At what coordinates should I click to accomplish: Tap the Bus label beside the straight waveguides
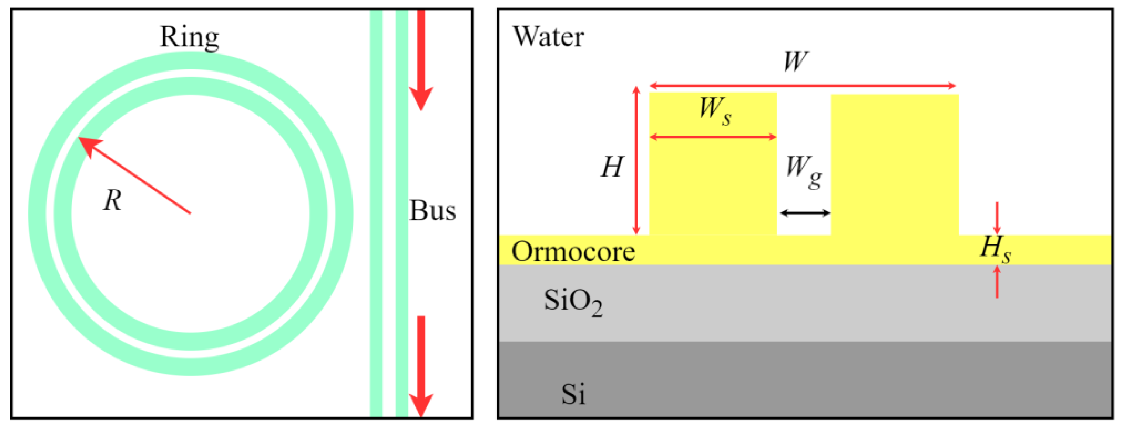click(x=432, y=211)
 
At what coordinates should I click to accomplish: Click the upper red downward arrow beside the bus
click(x=421, y=61)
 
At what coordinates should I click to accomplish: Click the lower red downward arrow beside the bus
click(x=421, y=366)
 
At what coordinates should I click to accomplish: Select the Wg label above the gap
click(x=803, y=171)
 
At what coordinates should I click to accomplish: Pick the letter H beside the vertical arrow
click(x=612, y=167)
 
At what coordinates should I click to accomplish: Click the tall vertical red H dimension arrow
click(x=636, y=161)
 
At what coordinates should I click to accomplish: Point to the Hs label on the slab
click(x=995, y=249)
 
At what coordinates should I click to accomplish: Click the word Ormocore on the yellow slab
click(x=573, y=252)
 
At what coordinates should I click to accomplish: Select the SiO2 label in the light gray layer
click(x=573, y=302)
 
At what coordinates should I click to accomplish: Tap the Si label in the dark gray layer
click(x=573, y=394)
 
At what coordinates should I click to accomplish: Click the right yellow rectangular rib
click(x=894, y=166)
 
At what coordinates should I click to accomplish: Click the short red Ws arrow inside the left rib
click(x=713, y=137)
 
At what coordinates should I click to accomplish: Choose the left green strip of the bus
click(x=376, y=213)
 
